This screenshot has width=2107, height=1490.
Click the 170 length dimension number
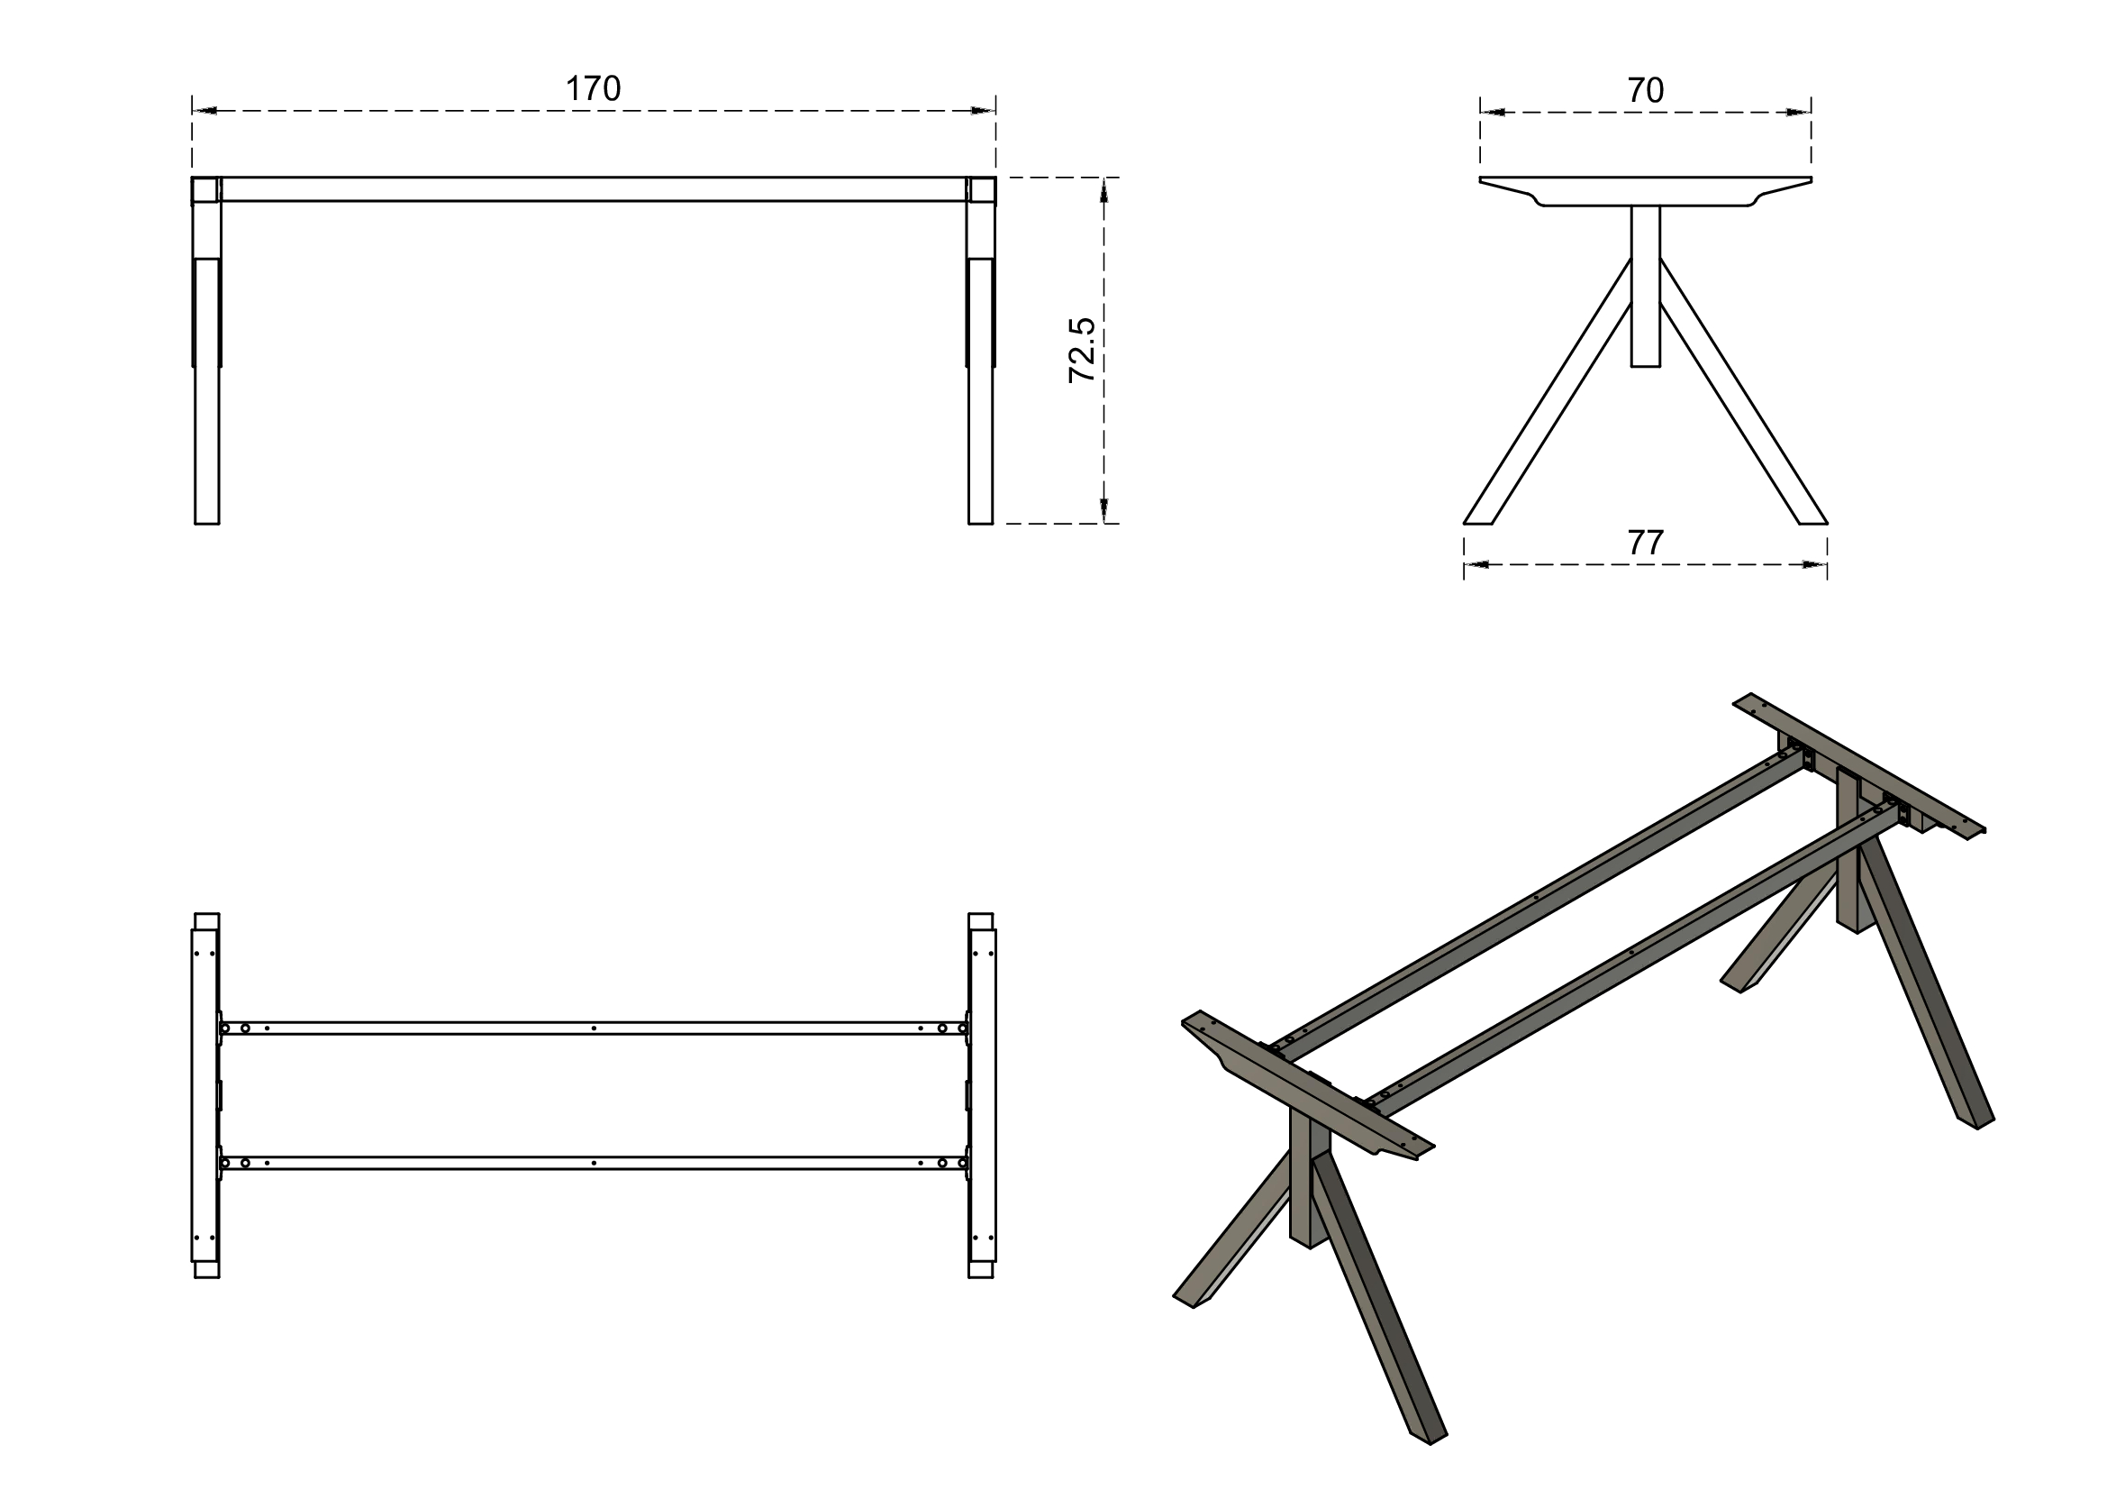(593, 89)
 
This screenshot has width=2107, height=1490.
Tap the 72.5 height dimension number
(1082, 350)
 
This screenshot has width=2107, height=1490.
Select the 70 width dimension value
(1646, 90)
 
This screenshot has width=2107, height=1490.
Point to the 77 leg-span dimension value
(1646, 544)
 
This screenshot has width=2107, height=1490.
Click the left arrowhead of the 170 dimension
(204, 111)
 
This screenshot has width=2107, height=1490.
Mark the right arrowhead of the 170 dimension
(983, 111)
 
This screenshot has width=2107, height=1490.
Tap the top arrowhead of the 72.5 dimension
(1103, 189)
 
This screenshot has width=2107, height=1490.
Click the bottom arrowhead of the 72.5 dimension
(1103, 510)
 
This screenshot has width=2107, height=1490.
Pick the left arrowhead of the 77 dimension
(1476, 564)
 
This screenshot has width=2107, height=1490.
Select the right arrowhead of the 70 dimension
(1799, 112)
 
